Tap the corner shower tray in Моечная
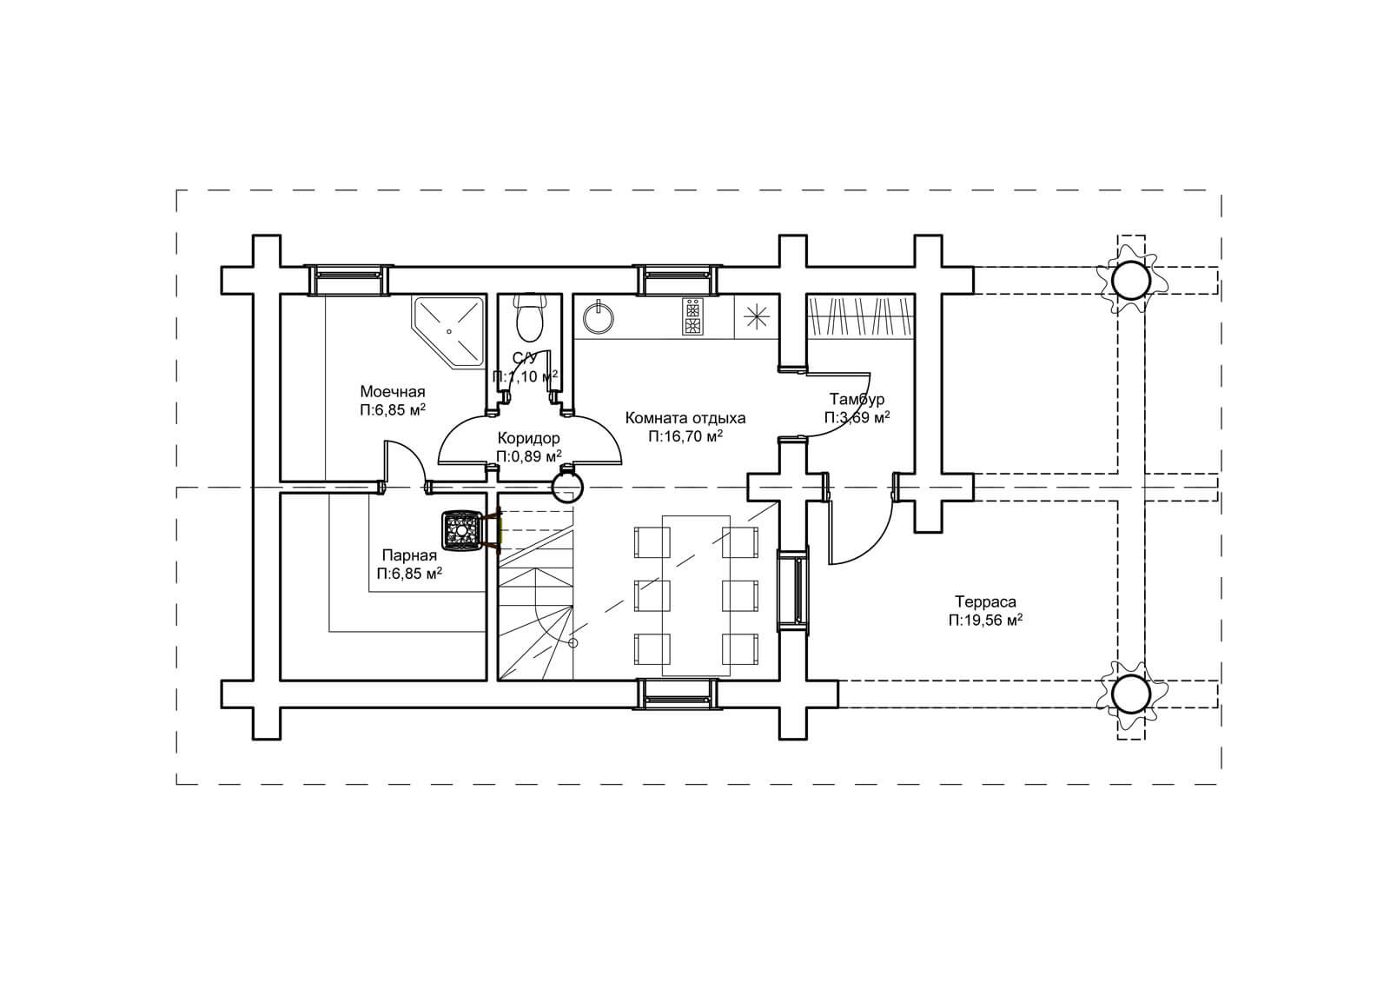(x=448, y=332)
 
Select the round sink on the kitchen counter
(x=599, y=317)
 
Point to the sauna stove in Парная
(x=462, y=530)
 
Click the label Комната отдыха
(x=685, y=418)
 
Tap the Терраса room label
(x=985, y=601)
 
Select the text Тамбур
(x=857, y=399)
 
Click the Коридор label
(x=529, y=439)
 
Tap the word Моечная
(x=393, y=392)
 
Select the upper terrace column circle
(x=1131, y=281)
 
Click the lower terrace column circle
(x=1131, y=694)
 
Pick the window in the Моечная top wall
(x=348, y=280)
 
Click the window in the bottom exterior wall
(x=678, y=694)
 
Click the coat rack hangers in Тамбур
(x=861, y=316)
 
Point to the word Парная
(x=409, y=555)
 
